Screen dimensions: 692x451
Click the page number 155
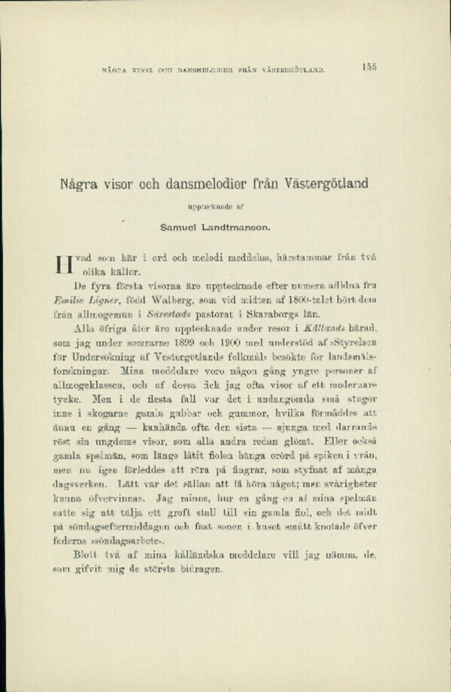pos(368,67)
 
